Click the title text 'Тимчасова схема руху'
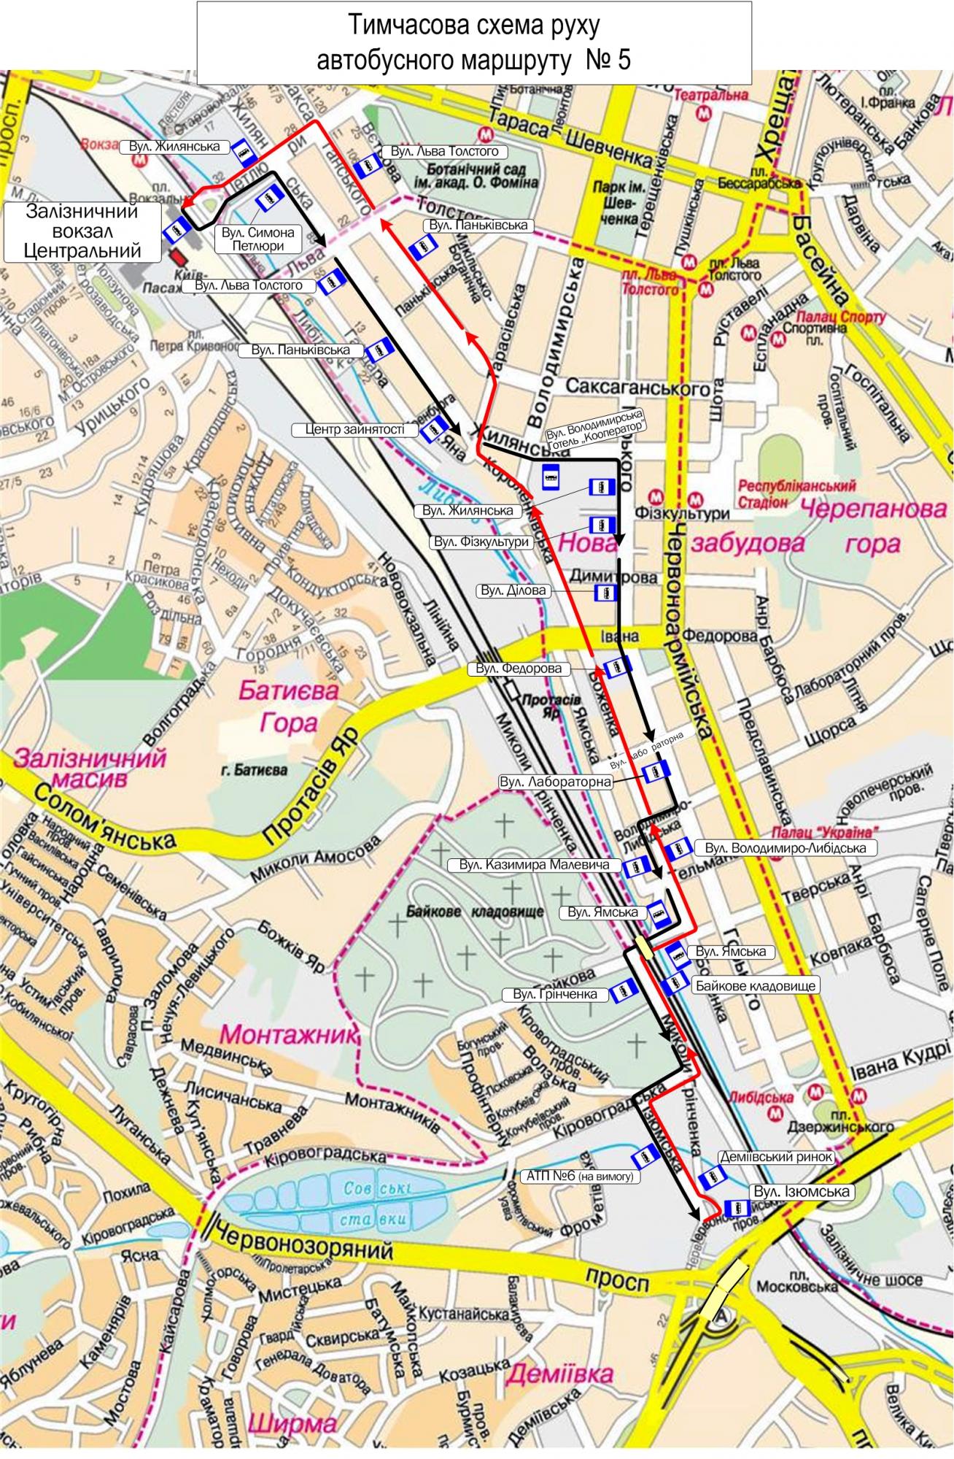pyautogui.click(x=474, y=26)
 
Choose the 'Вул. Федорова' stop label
pyautogui.click(x=519, y=668)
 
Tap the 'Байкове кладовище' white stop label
pyautogui.click(x=755, y=986)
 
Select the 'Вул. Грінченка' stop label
pyautogui.click(x=554, y=994)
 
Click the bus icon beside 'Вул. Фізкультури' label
pyautogui.click(x=602, y=524)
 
